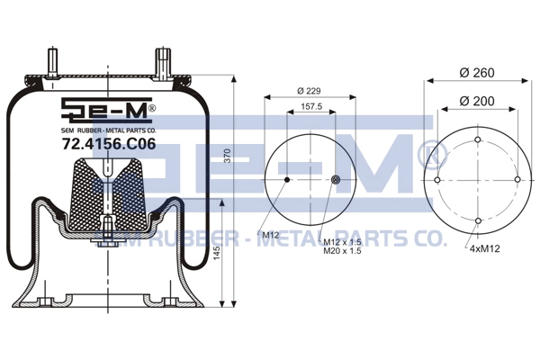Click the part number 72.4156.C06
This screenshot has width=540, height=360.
pos(109,144)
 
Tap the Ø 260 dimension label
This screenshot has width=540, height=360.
pos(477,73)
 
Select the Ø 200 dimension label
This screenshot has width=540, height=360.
pos(477,102)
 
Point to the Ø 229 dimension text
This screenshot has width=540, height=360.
pos(309,91)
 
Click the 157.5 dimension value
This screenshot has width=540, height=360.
pos(311,106)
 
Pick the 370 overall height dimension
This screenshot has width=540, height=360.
pos(228,156)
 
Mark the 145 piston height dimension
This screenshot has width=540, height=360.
pos(217,253)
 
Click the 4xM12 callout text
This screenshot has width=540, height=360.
pos(484,248)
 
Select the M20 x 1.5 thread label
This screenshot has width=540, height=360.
pos(342,251)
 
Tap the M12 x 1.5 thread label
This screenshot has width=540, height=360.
pos(342,242)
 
